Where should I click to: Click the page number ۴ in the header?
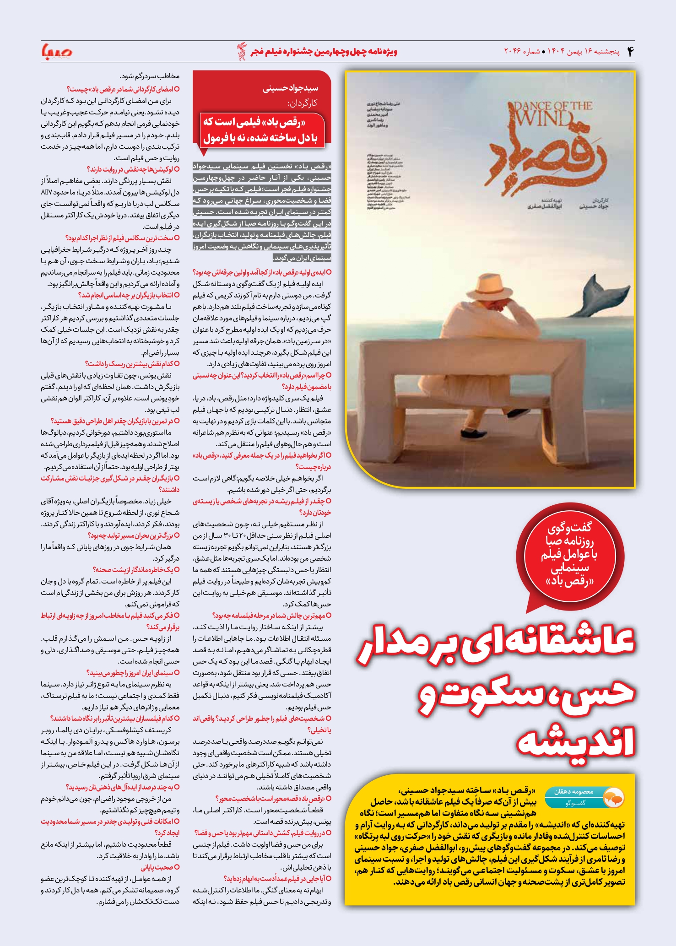(x=630, y=52)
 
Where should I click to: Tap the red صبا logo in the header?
(x=57, y=51)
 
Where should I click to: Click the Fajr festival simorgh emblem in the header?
(x=241, y=51)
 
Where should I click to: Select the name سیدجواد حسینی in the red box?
(x=290, y=88)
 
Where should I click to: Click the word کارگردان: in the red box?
(x=302, y=103)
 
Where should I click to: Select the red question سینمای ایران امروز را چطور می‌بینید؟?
(x=133, y=673)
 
